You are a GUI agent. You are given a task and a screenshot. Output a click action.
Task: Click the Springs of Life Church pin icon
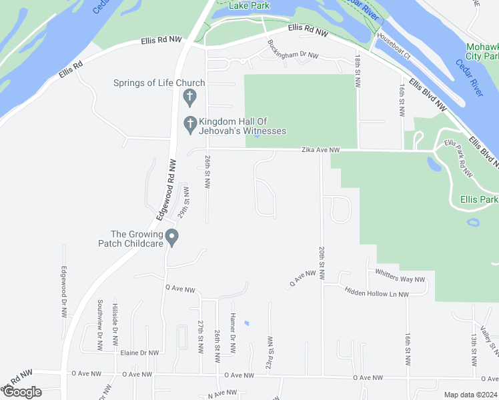point(189,97)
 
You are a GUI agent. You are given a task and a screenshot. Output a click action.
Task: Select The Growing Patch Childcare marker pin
point(171,237)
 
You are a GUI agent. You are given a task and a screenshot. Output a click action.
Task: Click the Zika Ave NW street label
point(320,151)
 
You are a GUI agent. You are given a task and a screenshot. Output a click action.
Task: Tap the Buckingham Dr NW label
point(293,51)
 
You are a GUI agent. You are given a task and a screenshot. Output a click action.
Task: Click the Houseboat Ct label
point(393,46)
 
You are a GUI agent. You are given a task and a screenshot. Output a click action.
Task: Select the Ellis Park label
point(478,199)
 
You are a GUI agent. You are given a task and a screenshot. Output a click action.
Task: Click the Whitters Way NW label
point(400,275)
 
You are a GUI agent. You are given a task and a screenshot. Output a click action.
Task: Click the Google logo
point(21,392)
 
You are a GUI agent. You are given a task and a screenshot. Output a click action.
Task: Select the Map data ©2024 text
point(470,395)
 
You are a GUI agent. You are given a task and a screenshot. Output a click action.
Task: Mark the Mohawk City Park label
point(482,53)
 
